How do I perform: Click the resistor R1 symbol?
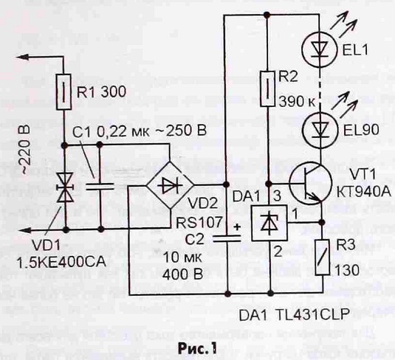[x=63, y=92]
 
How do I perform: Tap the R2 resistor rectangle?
[x=267, y=89]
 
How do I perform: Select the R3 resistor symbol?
[x=322, y=257]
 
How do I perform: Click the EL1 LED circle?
[x=320, y=50]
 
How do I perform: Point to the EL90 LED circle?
[x=320, y=131]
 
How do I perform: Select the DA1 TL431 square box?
[x=269, y=224]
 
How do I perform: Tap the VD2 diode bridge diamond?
[x=170, y=186]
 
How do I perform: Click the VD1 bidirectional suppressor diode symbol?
[x=65, y=187]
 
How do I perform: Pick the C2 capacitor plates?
[x=227, y=238]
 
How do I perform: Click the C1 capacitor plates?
[x=100, y=187]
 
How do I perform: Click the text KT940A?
[x=364, y=192]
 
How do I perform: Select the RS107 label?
[x=199, y=223]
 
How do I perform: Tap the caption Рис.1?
[x=197, y=349]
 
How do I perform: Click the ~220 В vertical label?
[x=25, y=150]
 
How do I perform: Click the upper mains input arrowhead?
[x=22, y=58]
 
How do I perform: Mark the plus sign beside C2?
[x=236, y=226]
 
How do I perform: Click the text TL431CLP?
[x=312, y=314]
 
